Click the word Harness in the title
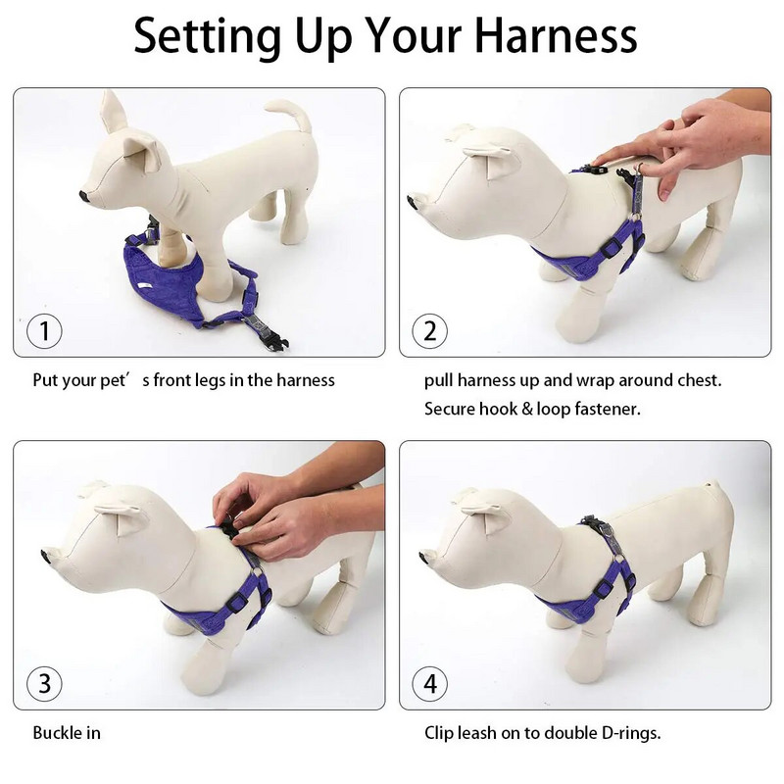point(556,35)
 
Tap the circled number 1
point(44,331)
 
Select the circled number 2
point(430,331)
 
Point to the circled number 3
point(44,683)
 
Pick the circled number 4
point(430,683)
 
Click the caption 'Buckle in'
point(67,733)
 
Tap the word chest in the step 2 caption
point(700,380)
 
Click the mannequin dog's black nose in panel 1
point(84,196)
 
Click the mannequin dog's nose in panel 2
point(414,203)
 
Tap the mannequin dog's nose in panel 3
point(47,555)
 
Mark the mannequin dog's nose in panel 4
point(424,555)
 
